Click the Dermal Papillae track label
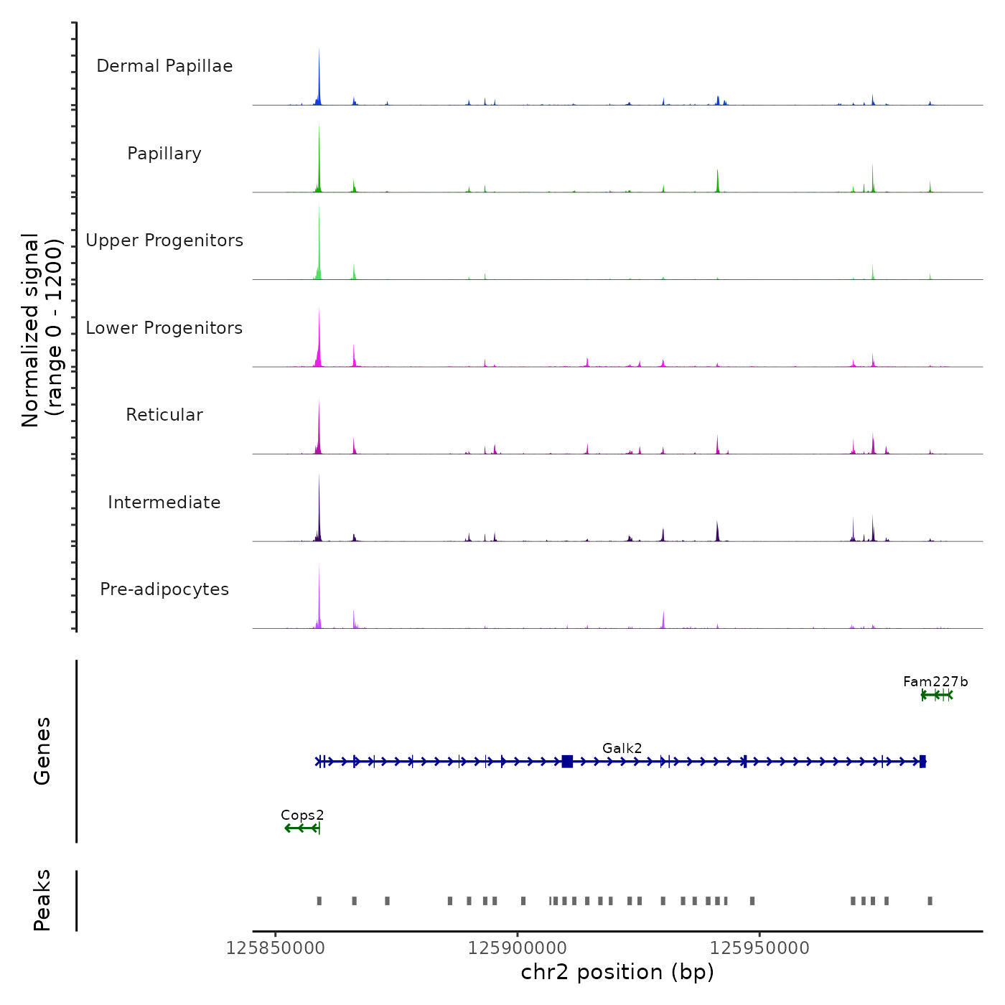164,66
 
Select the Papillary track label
164,154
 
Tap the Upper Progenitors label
164,240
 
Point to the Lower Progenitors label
164,328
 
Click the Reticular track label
164,415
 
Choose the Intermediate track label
164,502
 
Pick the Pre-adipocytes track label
164,589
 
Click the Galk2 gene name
622,749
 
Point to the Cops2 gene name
302,815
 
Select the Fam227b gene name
935,682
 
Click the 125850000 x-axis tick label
276,948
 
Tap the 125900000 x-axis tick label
518,948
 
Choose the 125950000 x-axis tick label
759,948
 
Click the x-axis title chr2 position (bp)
617,972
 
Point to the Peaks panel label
42,900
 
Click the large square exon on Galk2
567,762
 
